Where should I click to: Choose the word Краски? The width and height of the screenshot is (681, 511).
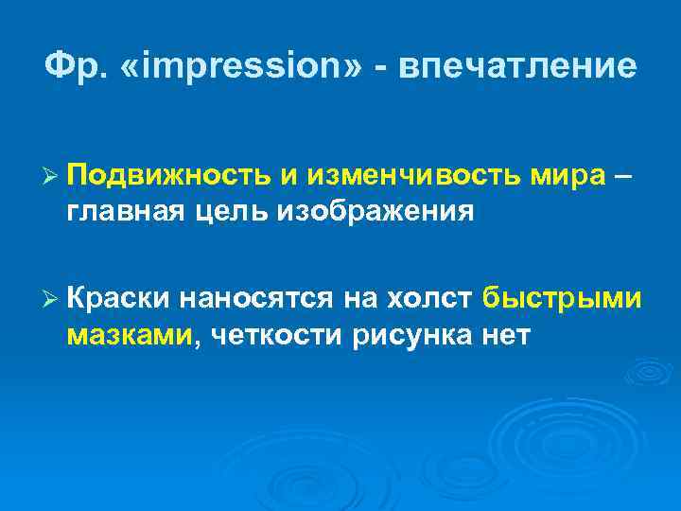(x=119, y=300)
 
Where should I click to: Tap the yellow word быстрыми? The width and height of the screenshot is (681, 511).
(x=563, y=300)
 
